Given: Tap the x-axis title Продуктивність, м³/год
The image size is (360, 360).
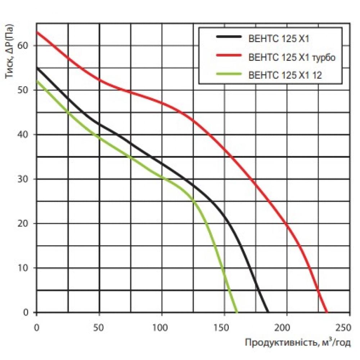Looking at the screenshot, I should point(297,343).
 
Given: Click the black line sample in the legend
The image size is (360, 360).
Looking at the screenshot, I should point(228,37).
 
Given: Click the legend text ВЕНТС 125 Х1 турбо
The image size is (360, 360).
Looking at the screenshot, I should point(292,57).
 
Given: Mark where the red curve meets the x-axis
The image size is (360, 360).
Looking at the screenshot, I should point(327,312).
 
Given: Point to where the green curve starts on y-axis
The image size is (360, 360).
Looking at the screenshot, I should point(37,81).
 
